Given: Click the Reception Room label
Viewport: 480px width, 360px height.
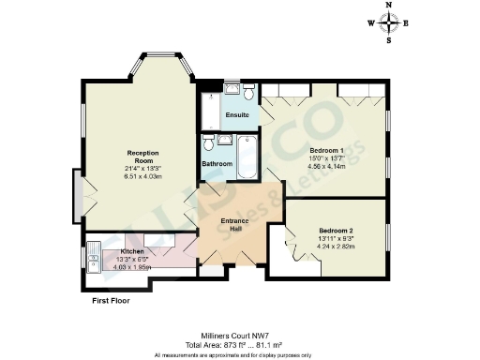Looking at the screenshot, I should [x=140, y=156].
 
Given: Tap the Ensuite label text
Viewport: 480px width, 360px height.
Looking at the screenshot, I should [x=237, y=115].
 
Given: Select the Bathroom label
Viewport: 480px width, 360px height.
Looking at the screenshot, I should [x=217, y=164].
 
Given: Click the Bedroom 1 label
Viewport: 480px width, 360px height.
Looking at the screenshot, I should [x=326, y=150].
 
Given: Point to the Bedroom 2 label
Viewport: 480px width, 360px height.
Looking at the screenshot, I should [x=335, y=230].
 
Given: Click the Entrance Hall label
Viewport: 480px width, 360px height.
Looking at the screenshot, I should [x=233, y=224].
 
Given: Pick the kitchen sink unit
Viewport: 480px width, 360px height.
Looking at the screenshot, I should [x=94, y=255].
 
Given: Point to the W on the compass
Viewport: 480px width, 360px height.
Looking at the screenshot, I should [x=370, y=24].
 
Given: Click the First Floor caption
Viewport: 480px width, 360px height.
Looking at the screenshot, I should [x=111, y=302].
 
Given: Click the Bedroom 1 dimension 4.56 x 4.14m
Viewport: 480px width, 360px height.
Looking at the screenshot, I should [x=326, y=166].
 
